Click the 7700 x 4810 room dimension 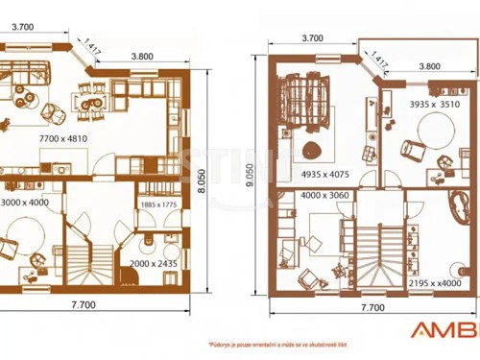pos(63,139)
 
